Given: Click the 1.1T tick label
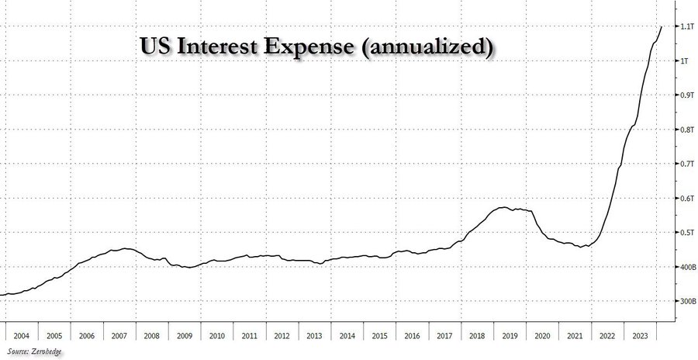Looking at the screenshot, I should pyautogui.click(x=682, y=27).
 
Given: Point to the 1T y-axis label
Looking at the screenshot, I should pyautogui.click(x=679, y=61).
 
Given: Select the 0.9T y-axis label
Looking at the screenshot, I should pyautogui.click(x=682, y=95).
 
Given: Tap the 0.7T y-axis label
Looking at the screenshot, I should pyautogui.click(x=682, y=164).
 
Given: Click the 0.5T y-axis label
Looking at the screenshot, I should pyautogui.click(x=682, y=233).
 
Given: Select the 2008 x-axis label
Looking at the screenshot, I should pyautogui.click(x=151, y=336).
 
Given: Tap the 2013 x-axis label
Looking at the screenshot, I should pyautogui.click(x=314, y=336).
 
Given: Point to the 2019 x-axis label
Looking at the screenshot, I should pyautogui.click(x=510, y=336).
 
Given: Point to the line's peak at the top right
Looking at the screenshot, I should pyautogui.click(x=662, y=26).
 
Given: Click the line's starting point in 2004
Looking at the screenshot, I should pyautogui.click(x=2, y=295).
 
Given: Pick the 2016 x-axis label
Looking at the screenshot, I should pyautogui.click(x=412, y=336).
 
